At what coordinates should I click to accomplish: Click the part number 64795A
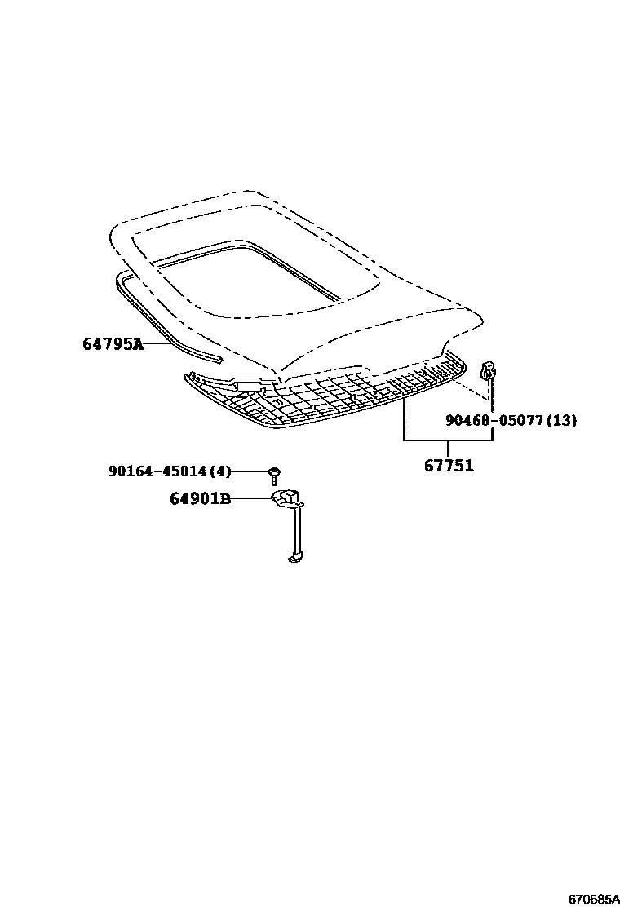(113, 345)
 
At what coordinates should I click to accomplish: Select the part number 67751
(449, 466)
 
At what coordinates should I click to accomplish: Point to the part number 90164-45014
(157, 471)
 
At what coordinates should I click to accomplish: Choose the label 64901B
(200, 498)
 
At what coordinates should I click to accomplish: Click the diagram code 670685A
(593, 899)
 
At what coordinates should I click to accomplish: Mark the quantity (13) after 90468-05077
(561, 421)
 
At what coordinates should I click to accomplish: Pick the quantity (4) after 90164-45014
(219, 471)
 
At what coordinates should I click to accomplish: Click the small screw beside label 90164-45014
(275, 475)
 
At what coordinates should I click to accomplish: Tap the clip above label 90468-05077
(489, 370)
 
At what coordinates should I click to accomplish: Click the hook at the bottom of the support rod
(295, 558)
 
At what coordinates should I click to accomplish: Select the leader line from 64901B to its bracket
(252, 498)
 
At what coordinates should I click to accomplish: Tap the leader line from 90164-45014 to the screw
(250, 472)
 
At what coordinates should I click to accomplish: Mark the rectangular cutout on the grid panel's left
(250, 383)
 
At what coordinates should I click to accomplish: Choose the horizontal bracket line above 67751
(448, 440)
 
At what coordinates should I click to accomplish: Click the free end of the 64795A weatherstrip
(219, 361)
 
